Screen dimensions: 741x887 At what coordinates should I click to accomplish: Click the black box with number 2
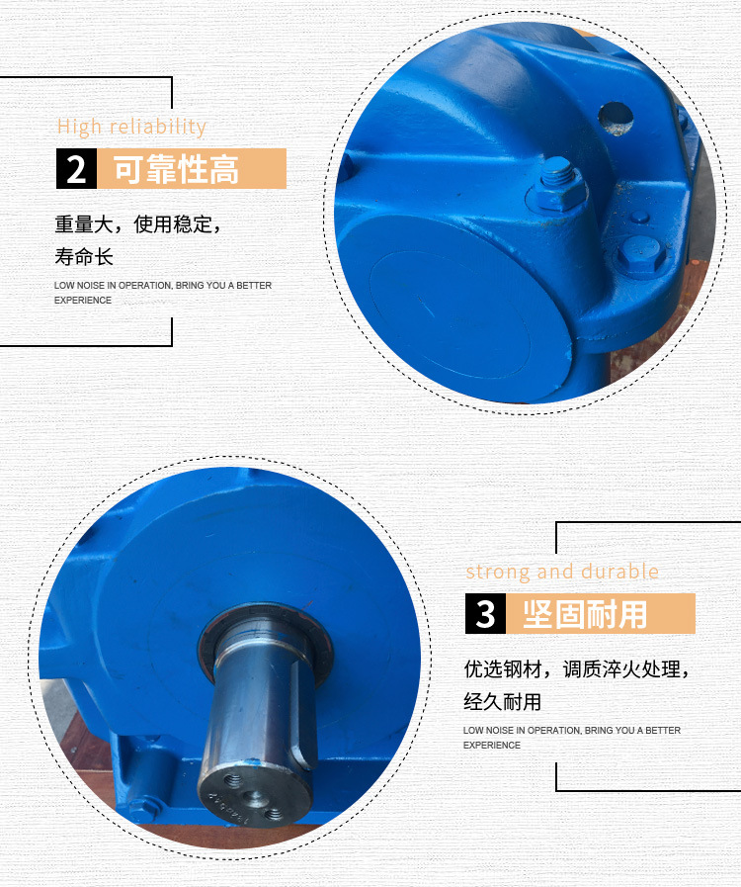tap(76, 168)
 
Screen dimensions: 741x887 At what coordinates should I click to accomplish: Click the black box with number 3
tap(485, 614)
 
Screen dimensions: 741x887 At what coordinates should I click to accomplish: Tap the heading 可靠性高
tap(176, 169)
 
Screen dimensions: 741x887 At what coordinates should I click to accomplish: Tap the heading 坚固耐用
tap(585, 614)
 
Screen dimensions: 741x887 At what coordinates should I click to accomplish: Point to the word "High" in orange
tap(79, 128)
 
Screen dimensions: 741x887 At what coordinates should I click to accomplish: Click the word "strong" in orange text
tap(498, 573)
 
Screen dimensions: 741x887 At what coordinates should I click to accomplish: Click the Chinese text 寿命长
tap(84, 257)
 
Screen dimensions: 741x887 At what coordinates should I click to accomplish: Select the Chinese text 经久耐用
tap(503, 702)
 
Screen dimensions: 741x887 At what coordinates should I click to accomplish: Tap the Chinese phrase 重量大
tap(84, 224)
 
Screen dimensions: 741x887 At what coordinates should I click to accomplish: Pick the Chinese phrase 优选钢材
tap(503, 669)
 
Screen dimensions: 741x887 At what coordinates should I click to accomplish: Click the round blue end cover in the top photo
tap(453, 308)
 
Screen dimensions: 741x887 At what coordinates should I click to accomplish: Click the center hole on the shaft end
tap(253, 797)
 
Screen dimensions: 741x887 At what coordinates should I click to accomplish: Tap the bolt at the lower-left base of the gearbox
tap(142, 807)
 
